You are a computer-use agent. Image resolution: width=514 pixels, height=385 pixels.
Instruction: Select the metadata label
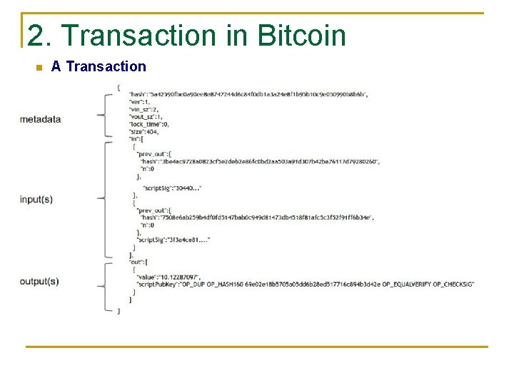[x=41, y=119]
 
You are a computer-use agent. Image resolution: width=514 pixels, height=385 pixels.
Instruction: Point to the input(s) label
[x=36, y=200]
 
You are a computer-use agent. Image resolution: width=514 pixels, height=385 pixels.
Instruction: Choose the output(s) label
[x=39, y=282]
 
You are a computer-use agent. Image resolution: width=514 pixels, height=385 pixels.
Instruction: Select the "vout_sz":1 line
[x=146, y=117]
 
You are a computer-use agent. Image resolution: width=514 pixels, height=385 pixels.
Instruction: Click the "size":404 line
[x=143, y=132]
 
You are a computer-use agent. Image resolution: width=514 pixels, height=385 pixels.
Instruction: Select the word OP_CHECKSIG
[x=450, y=284]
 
